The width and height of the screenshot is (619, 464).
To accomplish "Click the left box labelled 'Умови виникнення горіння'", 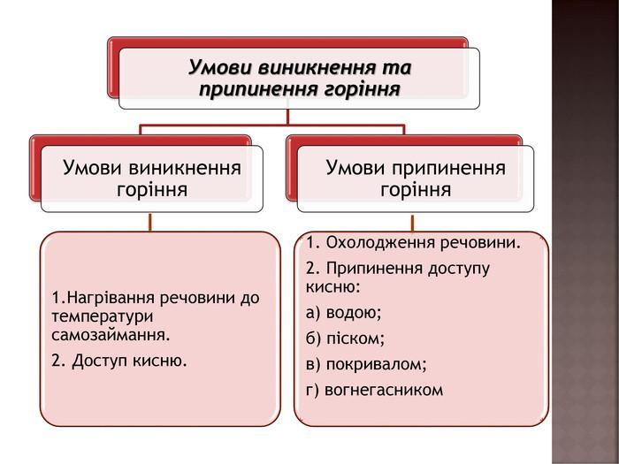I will [x=151, y=179].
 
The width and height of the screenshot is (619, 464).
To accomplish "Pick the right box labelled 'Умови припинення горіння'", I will [x=416, y=179].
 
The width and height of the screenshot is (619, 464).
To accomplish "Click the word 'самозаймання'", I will [x=110, y=336].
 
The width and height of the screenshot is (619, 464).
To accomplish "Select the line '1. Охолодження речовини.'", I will [x=414, y=242].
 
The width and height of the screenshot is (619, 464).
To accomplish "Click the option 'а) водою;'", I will [x=343, y=312].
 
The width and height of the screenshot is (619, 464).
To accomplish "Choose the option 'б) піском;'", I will [x=345, y=338].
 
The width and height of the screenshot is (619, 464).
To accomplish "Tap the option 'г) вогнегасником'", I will [x=374, y=389].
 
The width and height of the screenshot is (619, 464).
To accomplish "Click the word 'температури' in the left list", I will [x=103, y=316].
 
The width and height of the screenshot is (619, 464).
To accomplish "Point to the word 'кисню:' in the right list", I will [x=333, y=286].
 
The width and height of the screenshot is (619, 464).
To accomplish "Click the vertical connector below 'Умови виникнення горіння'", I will [x=151, y=222].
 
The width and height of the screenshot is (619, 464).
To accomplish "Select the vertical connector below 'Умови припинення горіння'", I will [x=412, y=222].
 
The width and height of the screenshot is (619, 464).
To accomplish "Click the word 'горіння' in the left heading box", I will [x=151, y=190].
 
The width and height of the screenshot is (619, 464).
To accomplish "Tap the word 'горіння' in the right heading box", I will [x=416, y=190].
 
